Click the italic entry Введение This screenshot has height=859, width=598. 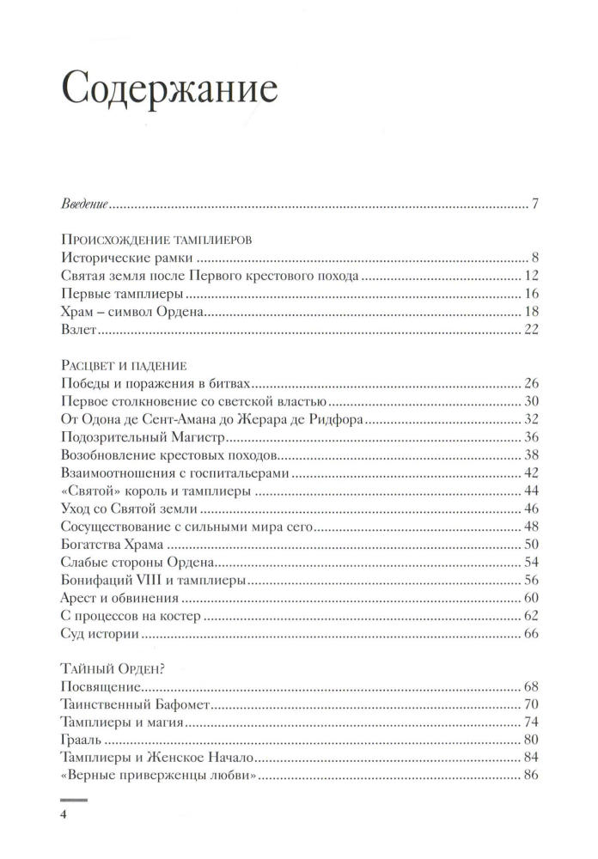tap(85, 204)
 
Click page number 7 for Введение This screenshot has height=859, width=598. tap(534, 204)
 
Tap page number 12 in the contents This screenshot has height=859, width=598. tap(530, 277)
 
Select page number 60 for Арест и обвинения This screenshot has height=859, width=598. tap(529, 598)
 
